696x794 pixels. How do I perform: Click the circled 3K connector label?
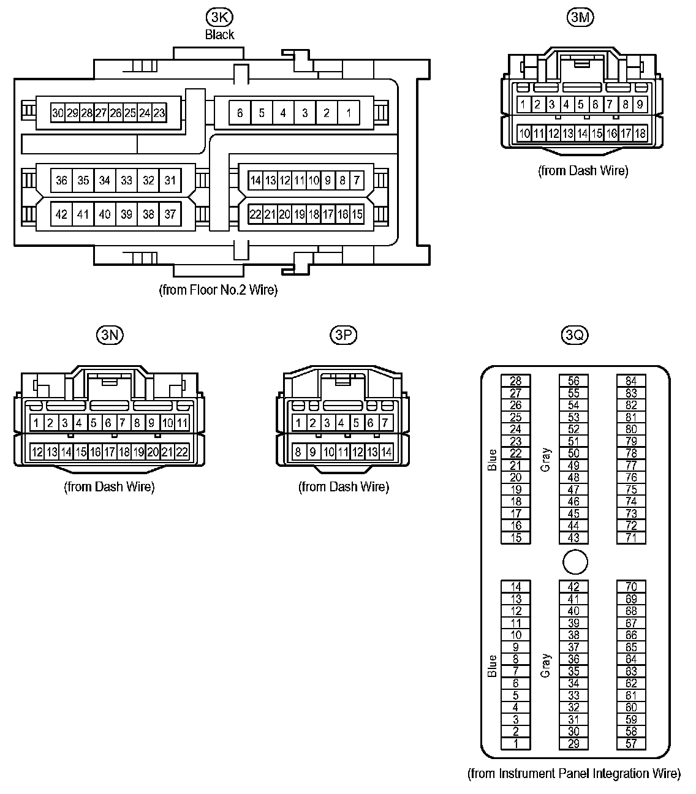pos(220,18)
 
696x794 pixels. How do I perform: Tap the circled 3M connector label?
pos(580,18)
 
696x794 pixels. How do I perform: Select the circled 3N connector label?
pos(110,335)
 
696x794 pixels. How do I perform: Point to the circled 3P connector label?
pos(343,335)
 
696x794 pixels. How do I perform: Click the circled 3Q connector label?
pos(575,335)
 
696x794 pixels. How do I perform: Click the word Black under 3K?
pos(220,34)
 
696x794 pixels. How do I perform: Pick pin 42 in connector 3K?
pos(61,214)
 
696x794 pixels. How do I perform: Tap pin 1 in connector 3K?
pos(349,113)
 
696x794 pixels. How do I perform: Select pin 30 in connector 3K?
pos(58,113)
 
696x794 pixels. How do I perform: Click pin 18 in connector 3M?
pos(640,133)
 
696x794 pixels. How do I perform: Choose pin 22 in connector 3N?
pos(182,452)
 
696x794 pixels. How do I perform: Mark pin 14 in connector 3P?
pos(386,452)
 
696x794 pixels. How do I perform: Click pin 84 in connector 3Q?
pos(631,381)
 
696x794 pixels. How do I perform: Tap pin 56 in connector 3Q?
pos(573,381)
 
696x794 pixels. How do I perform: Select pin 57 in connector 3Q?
pos(631,744)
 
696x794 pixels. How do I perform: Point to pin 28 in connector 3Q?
pos(516,381)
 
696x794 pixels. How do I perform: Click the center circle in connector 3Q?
pos(575,562)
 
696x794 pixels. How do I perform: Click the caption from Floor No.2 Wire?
pos(218,290)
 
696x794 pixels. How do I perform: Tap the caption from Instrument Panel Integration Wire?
pos(573,774)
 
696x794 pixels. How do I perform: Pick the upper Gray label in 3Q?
pos(545,459)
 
